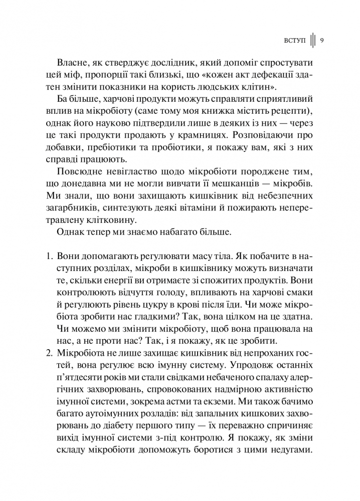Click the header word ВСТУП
point(295,41)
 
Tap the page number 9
point(321,41)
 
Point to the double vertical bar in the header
point(312,41)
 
